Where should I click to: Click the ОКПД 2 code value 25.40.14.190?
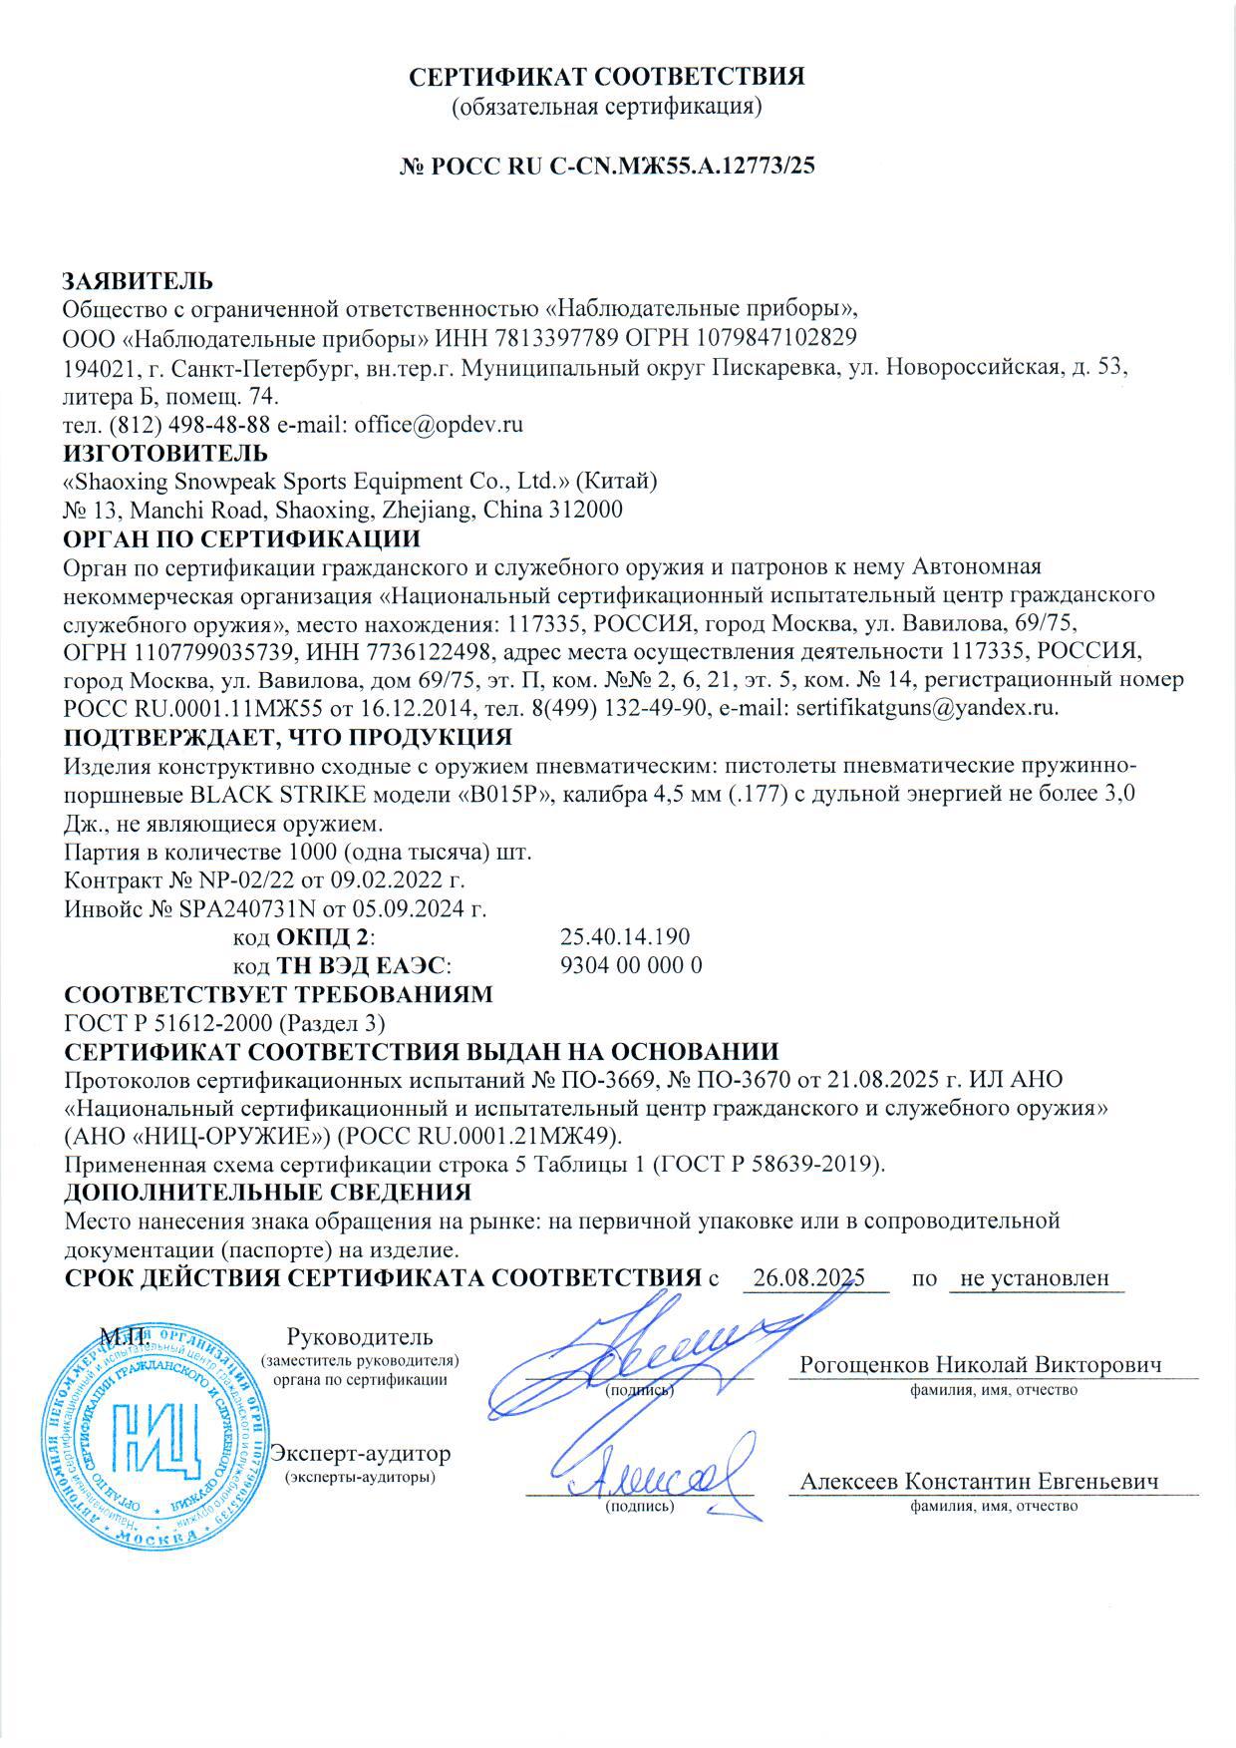coord(625,937)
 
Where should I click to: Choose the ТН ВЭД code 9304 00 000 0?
coord(632,965)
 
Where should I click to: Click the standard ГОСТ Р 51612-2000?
coord(166,1023)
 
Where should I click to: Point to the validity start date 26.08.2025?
coord(808,1278)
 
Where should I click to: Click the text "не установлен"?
coord(1036,1278)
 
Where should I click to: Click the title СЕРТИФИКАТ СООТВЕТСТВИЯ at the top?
coord(608,77)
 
